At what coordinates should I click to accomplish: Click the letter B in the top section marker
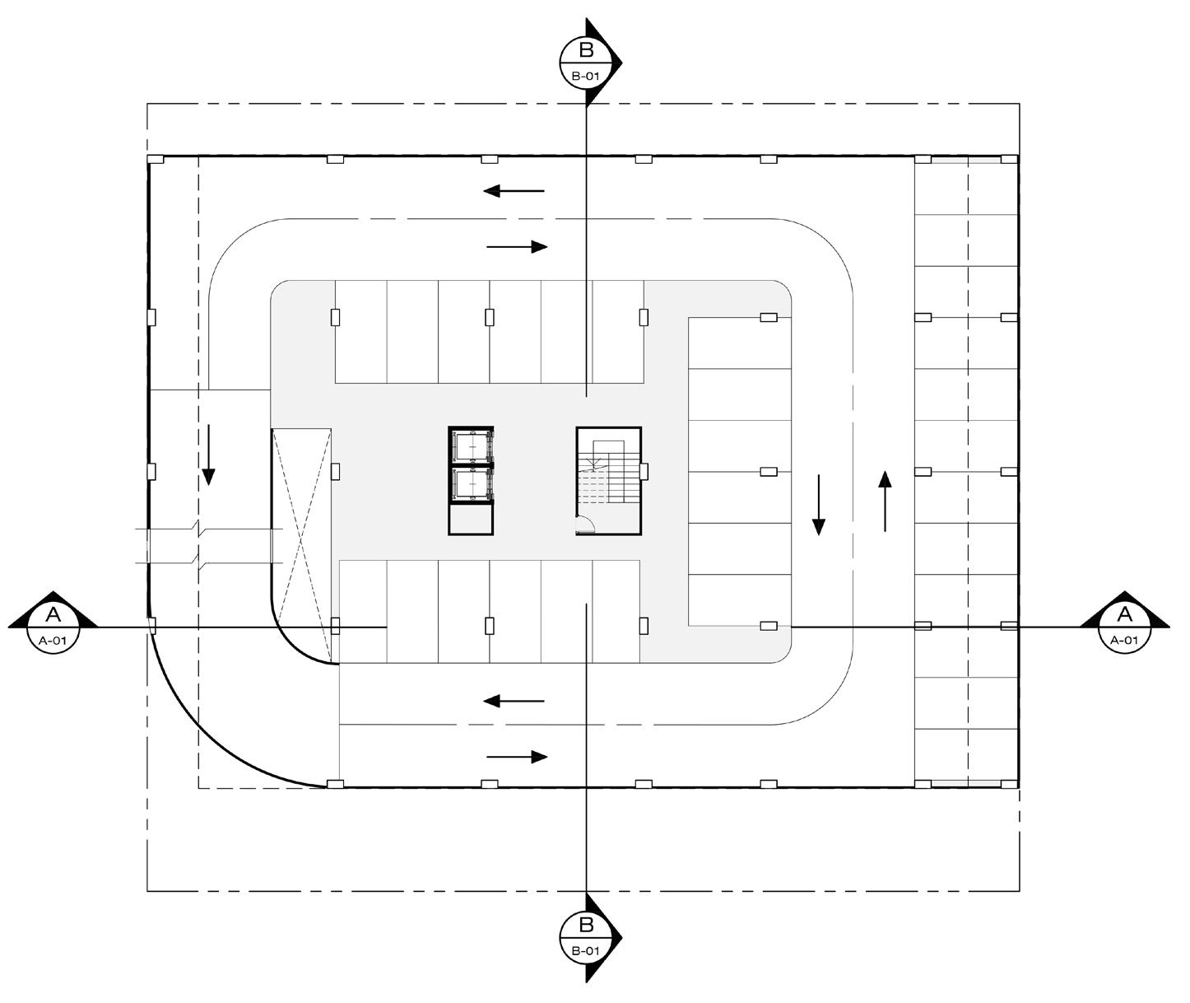[x=586, y=50]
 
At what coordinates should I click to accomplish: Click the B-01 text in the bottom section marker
[x=585, y=951]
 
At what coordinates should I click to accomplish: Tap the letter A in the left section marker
[x=53, y=614]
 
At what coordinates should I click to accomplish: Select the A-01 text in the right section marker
[x=1125, y=640]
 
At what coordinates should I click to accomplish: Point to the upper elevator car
[x=471, y=446]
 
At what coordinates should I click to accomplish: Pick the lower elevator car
[x=471, y=484]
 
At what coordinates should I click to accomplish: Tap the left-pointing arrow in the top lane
[x=514, y=191]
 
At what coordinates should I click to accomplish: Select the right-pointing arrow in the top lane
[x=517, y=246]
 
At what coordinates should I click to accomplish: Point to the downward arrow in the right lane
[x=818, y=505]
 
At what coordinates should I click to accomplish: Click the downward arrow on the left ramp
[x=208, y=455]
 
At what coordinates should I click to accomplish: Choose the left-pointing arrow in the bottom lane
[x=514, y=702]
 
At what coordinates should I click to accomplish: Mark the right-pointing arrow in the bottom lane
[x=517, y=757]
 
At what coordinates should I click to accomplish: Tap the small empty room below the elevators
[x=471, y=519]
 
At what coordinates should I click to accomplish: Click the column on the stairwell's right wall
[x=644, y=471]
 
